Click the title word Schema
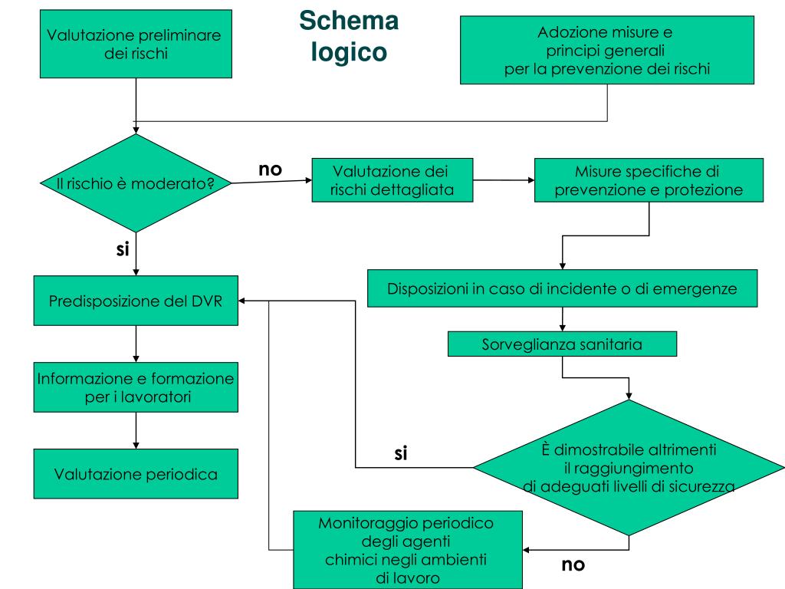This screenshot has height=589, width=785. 349,21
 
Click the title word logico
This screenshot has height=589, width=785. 349,51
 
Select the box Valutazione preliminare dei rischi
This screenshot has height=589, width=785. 136,44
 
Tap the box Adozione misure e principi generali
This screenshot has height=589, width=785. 607,50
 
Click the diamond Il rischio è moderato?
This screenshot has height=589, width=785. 136,183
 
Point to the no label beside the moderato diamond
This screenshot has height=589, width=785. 271,169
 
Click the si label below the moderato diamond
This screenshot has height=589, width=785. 123,249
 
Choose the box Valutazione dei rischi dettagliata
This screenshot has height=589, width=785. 392,180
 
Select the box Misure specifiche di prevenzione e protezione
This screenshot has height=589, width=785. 649,180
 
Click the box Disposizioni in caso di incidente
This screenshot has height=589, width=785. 562,288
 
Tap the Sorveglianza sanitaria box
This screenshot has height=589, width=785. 562,344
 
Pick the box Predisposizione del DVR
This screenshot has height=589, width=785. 136,301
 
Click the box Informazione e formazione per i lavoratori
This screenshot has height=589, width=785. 136,387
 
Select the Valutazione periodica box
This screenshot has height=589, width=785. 136,474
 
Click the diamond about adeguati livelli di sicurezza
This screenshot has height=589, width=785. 629,468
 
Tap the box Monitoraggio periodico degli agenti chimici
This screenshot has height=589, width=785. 408,550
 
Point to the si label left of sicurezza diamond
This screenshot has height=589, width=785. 400,453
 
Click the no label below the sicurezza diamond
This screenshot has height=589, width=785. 573,564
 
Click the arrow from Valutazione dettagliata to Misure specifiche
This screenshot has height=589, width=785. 504,180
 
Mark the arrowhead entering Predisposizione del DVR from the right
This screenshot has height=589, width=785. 241,301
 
